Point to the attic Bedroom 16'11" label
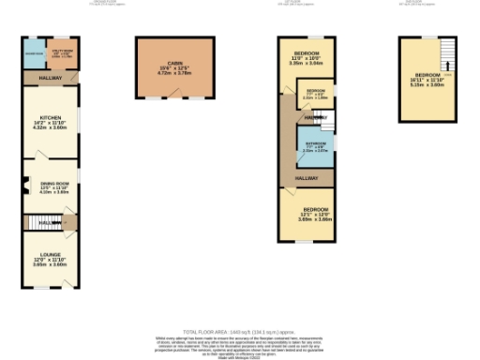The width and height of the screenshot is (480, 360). [428, 80]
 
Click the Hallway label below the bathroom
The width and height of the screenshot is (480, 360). [307, 177]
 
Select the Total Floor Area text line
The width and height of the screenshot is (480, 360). [239, 331]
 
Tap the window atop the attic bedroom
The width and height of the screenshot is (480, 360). [428, 37]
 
